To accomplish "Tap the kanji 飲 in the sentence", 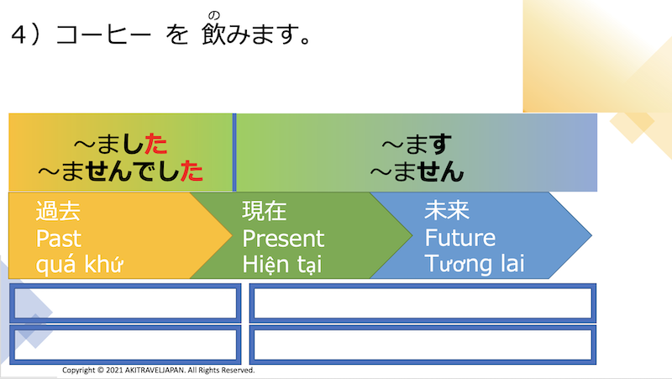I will pyautogui.click(x=215, y=36).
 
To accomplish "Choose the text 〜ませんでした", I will pyautogui.click(x=120, y=171).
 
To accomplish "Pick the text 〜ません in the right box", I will pyautogui.click(x=417, y=171).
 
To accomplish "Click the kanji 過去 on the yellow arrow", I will pyautogui.click(x=58, y=211).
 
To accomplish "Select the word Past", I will pyautogui.click(x=59, y=238).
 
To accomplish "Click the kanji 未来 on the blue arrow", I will pyautogui.click(x=447, y=211).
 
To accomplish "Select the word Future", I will pyautogui.click(x=459, y=238).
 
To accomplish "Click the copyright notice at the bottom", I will pyautogui.click(x=159, y=370).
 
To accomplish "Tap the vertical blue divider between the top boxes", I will pyautogui.click(x=234, y=152).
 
